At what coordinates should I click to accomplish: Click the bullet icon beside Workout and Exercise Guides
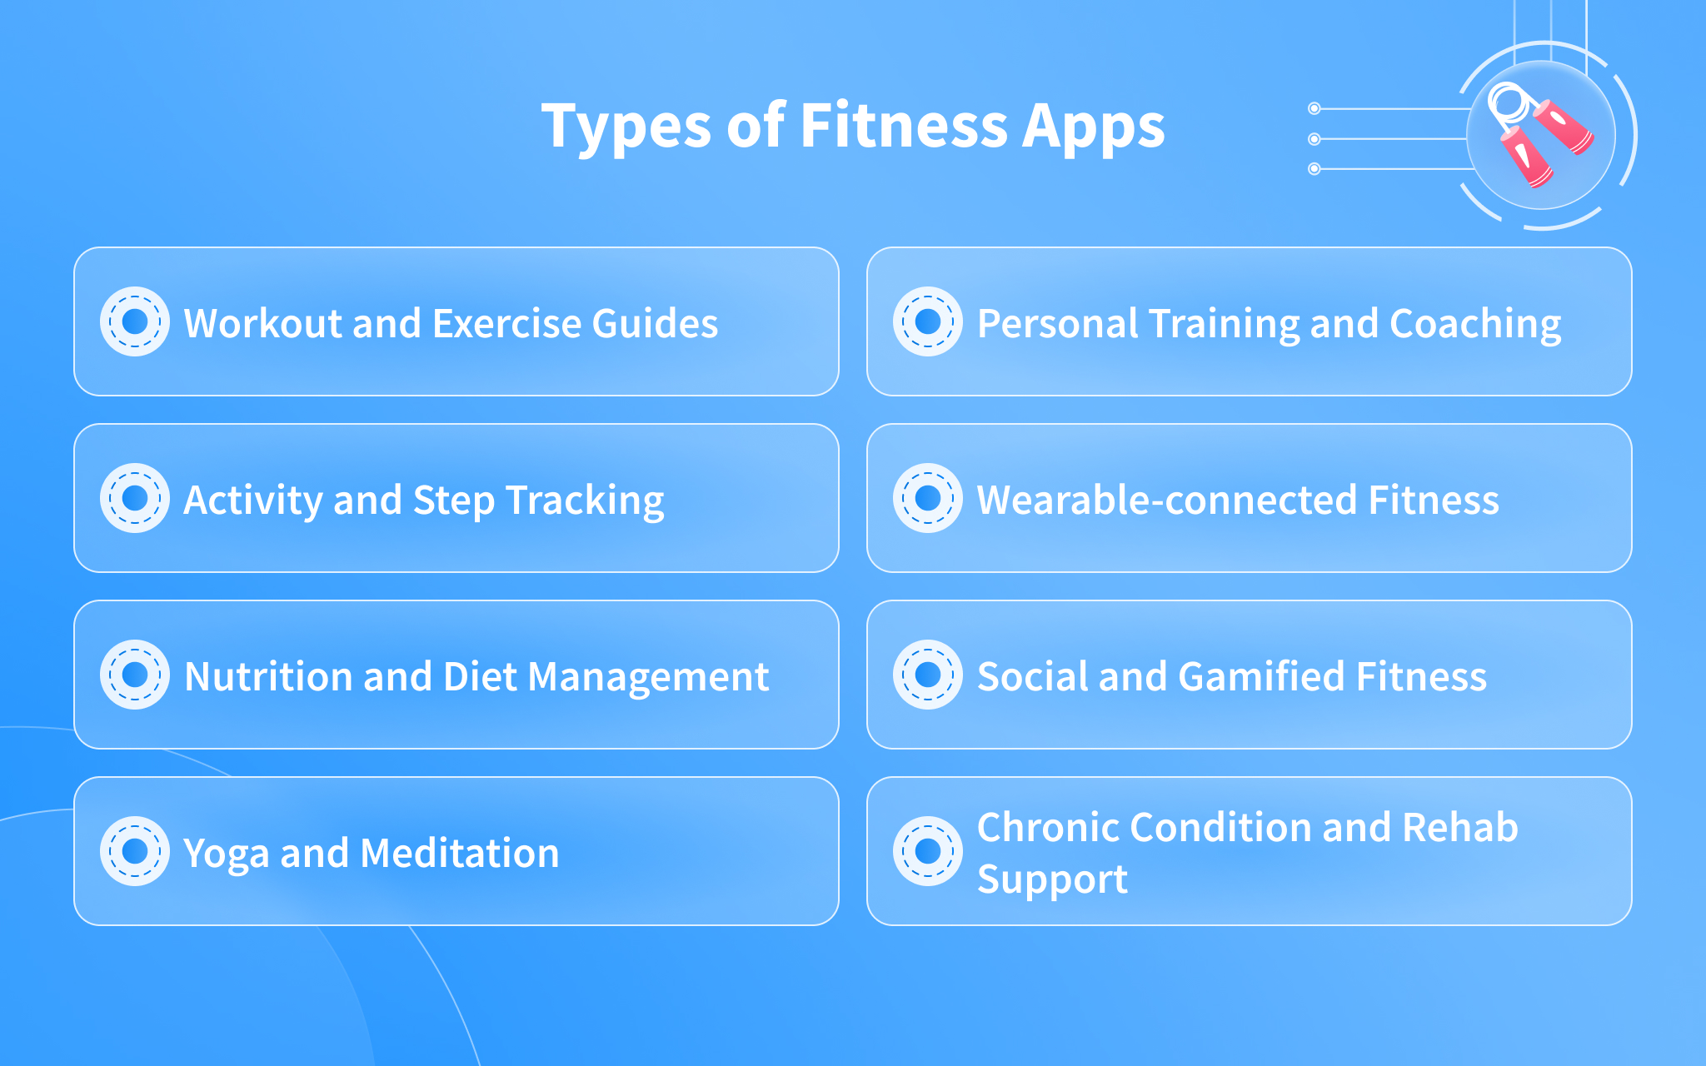pos(135,321)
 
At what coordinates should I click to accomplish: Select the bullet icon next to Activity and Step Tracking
pos(135,498)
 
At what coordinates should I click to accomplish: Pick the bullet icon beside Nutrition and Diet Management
pos(135,675)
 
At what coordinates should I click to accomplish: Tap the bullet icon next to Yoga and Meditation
pos(135,851)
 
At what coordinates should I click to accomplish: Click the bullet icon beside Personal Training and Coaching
pos(928,321)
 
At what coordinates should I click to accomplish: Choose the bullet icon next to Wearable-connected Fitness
pos(928,498)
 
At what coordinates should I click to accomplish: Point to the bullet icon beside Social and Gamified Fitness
pos(928,675)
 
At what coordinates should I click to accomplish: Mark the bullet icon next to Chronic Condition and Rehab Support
pos(928,851)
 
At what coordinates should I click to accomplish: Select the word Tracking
pos(585,501)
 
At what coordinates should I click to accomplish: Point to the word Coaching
pos(1475,325)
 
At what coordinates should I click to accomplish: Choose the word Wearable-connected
pos(1167,500)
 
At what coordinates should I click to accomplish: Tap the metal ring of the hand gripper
pos(1506,102)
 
